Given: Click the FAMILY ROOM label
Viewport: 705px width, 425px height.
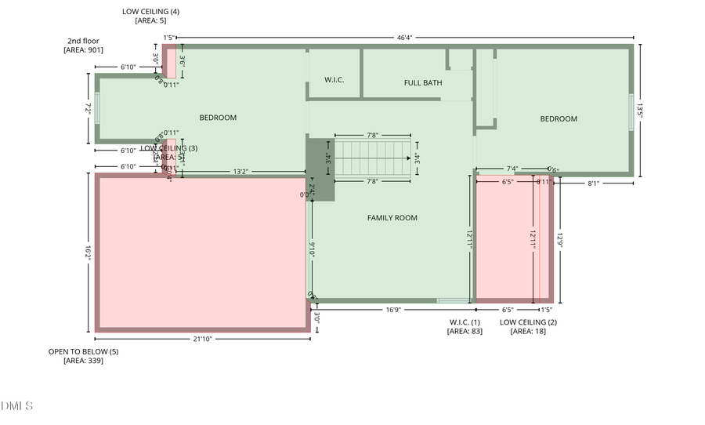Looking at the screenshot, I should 392,218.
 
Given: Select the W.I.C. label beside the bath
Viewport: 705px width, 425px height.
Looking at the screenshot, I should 334,80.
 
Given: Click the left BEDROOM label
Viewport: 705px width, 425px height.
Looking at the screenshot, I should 218,118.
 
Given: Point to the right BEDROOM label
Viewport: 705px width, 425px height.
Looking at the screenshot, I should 559,119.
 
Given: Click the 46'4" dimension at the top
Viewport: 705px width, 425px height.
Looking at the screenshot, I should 405,37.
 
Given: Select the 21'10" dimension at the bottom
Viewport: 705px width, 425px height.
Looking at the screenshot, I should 202,339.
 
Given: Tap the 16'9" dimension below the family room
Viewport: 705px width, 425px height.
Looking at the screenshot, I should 394,310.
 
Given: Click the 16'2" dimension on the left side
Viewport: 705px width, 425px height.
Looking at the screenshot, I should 89,252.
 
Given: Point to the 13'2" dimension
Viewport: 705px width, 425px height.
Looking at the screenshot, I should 242,172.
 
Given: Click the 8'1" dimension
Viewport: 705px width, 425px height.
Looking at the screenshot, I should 593,183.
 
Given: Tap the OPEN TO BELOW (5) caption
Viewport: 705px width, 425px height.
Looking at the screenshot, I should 83,356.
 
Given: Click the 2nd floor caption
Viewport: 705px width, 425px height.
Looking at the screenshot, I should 83,45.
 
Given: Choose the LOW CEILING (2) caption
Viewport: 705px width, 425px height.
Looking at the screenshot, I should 528,326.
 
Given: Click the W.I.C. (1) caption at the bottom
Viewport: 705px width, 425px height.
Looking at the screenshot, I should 465,326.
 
